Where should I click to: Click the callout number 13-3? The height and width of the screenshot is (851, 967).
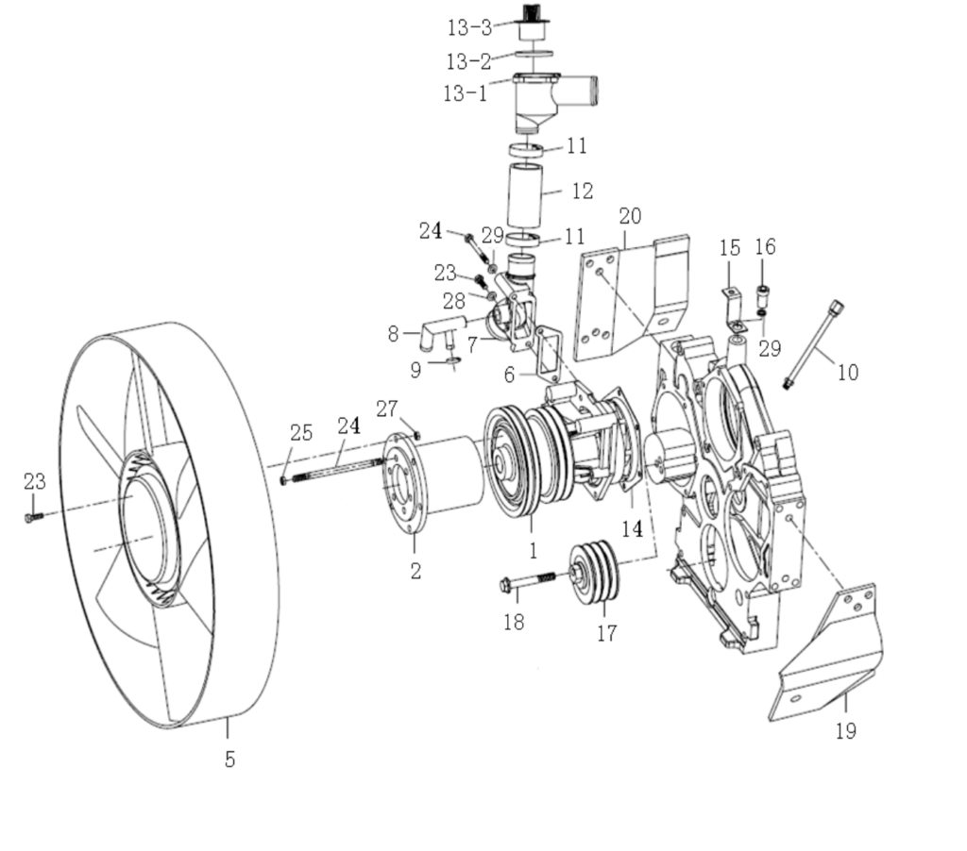(469, 28)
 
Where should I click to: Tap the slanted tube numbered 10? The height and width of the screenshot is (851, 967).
(812, 344)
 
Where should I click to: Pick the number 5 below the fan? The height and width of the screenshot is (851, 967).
(229, 758)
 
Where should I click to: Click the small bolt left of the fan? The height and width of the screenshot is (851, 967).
(33, 517)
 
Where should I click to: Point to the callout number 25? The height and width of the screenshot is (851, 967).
(301, 433)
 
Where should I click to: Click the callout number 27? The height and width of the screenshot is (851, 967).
(387, 409)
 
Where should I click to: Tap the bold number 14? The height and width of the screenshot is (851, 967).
(632, 529)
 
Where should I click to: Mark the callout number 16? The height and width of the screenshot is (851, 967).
(765, 247)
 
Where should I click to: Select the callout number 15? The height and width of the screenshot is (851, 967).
(730, 248)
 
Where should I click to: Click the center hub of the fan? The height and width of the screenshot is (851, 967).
(146, 533)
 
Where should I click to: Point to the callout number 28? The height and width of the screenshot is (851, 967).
(455, 301)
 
